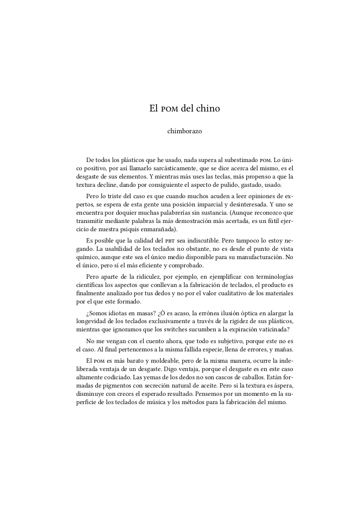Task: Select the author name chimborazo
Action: click(184, 131)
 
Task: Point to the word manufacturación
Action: click(259, 257)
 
